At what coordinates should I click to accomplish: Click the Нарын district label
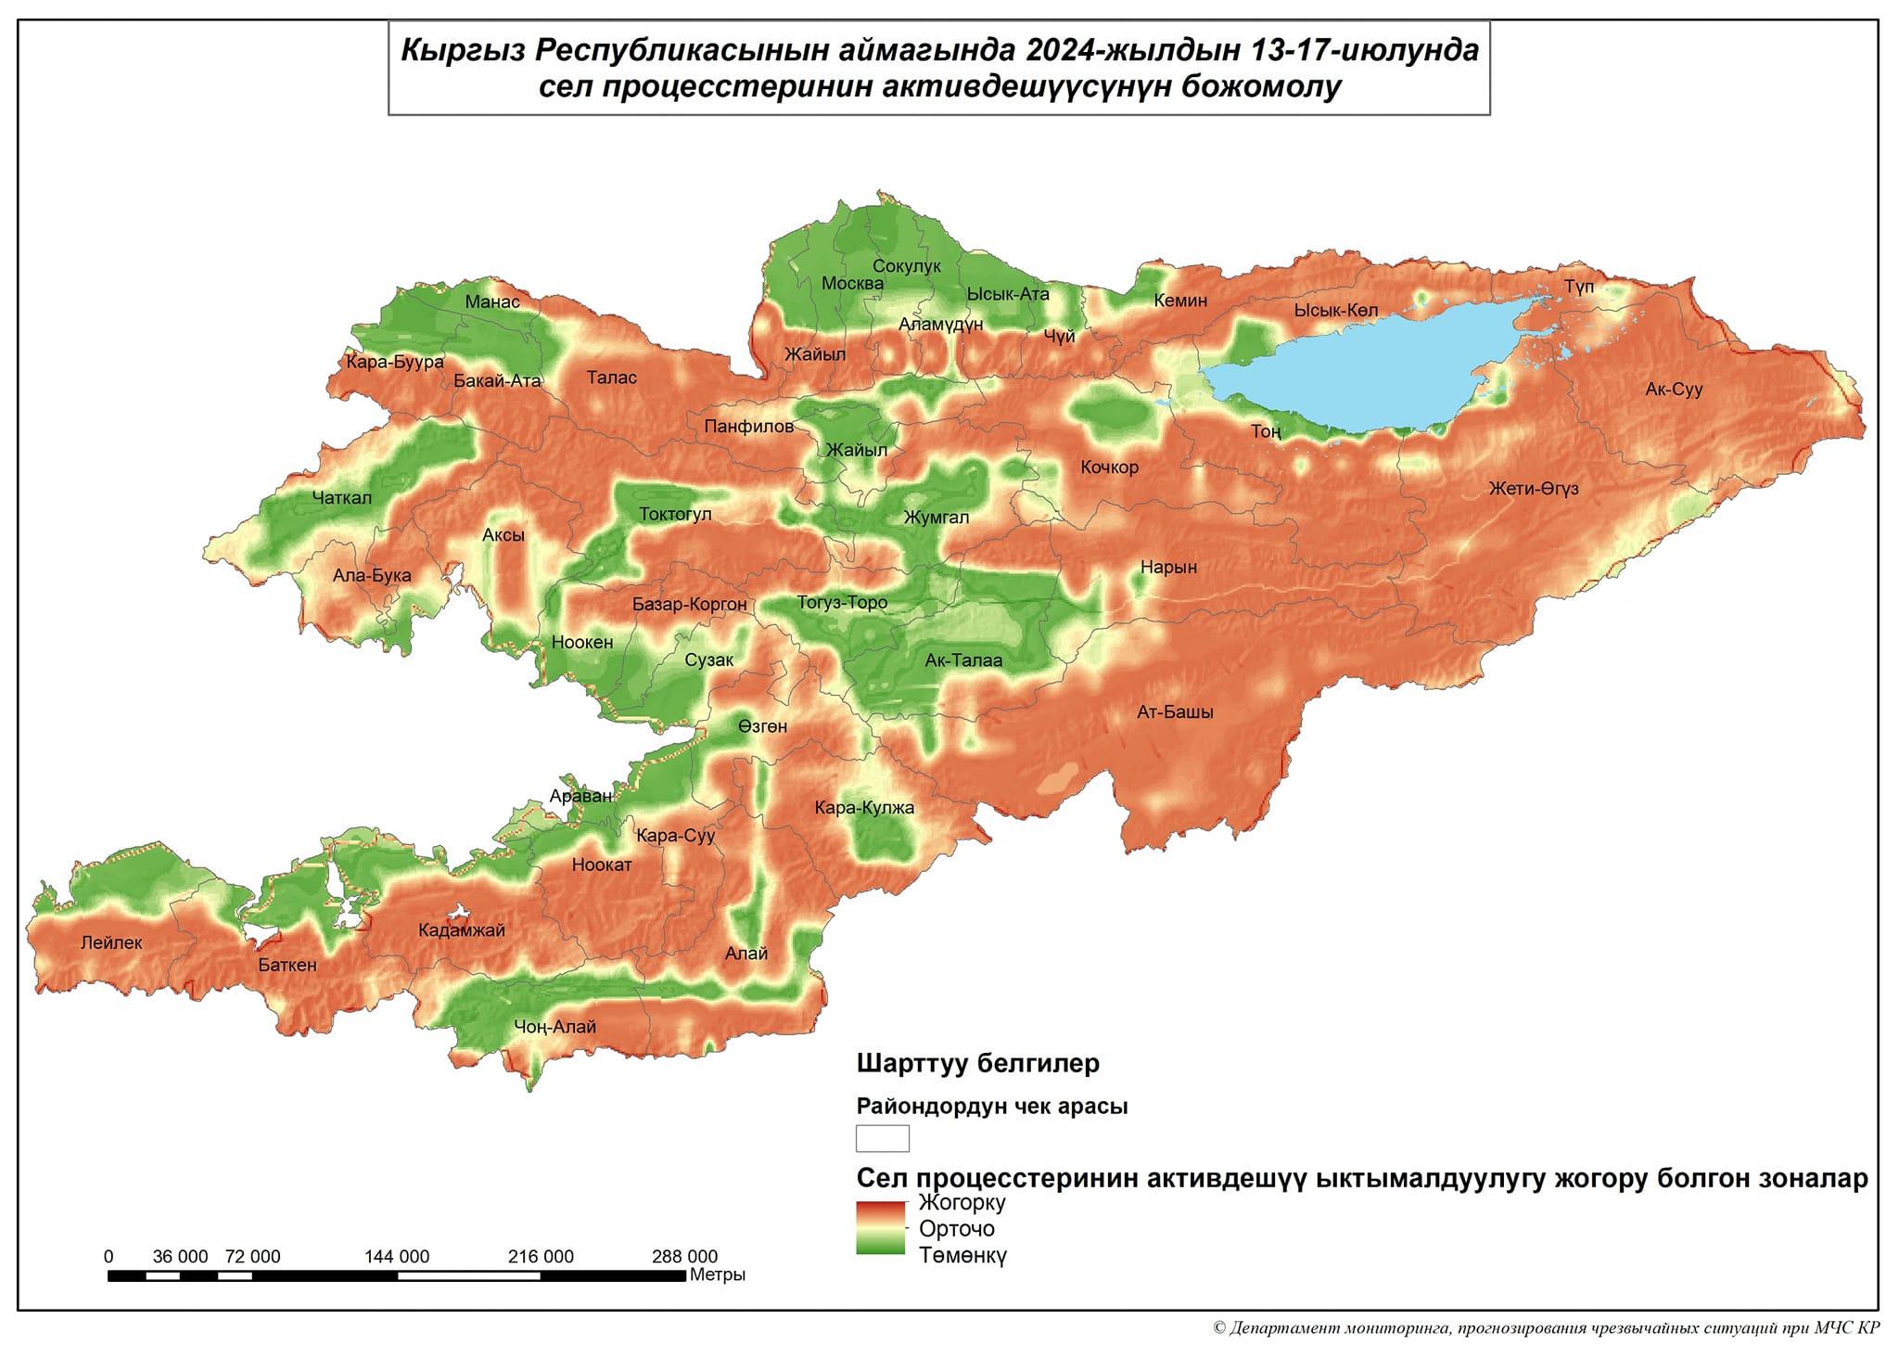(x=1168, y=567)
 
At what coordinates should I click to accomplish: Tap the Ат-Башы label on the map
(x=1175, y=712)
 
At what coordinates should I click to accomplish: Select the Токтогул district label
(x=675, y=515)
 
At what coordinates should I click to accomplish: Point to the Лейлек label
(x=111, y=943)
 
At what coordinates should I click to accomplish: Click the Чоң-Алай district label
(x=554, y=1027)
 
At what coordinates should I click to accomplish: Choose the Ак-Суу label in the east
(x=1674, y=390)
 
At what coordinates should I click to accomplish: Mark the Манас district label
(x=492, y=301)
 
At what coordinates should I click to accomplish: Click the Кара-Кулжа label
(x=864, y=808)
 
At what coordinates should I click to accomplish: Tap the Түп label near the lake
(x=1579, y=288)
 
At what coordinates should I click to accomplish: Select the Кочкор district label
(x=1109, y=468)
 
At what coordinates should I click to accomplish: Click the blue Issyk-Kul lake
(x=1372, y=371)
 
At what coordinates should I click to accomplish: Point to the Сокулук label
(x=906, y=266)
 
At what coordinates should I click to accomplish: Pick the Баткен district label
(x=287, y=965)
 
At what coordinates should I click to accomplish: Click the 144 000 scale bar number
(x=397, y=1257)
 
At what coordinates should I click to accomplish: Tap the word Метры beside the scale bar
(x=717, y=1275)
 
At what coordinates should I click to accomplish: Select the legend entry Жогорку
(x=962, y=1203)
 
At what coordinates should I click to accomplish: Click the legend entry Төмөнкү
(x=962, y=1256)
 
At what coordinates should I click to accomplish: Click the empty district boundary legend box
(x=882, y=1138)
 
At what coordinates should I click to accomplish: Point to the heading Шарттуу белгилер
(x=978, y=1062)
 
